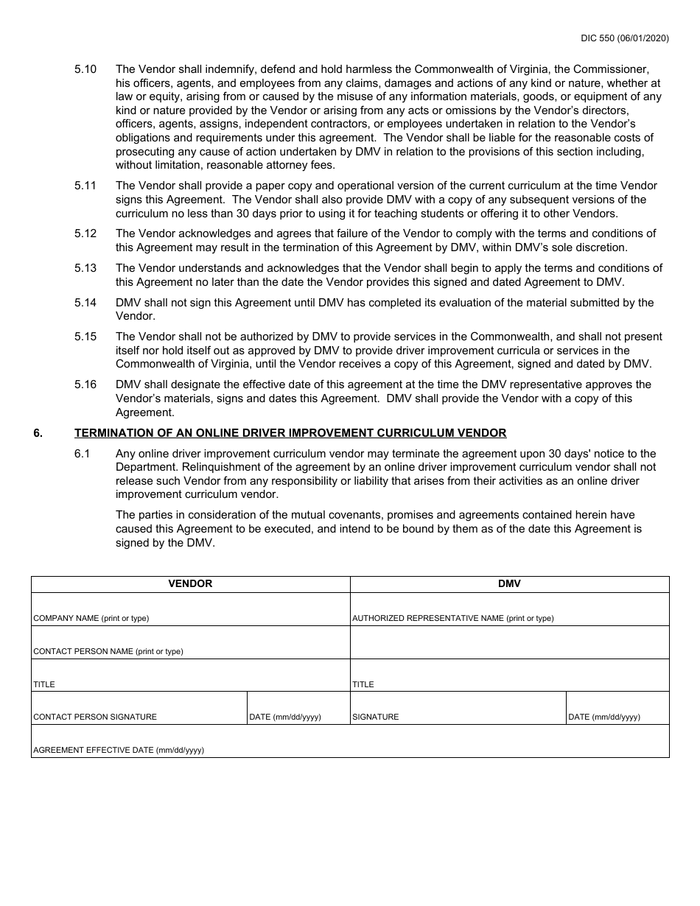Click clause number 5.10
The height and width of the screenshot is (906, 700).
click(85, 69)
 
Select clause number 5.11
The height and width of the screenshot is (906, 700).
click(85, 186)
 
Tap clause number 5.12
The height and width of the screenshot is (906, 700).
click(85, 233)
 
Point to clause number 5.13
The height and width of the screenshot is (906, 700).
click(85, 268)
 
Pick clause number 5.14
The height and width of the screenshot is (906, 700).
click(85, 302)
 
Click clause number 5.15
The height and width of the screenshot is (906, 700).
click(85, 337)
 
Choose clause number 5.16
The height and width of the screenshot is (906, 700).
click(85, 384)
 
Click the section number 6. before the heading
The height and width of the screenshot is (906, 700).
click(38, 433)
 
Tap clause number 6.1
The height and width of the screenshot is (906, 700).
click(82, 454)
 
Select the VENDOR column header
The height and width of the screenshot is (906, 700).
click(190, 583)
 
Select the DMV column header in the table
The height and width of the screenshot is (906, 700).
click(509, 583)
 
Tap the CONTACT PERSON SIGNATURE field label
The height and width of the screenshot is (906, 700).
click(94, 717)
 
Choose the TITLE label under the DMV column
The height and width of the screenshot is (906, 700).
click(363, 684)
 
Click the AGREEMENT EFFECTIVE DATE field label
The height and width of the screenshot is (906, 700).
click(118, 750)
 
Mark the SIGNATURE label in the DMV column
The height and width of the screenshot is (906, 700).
click(375, 717)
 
